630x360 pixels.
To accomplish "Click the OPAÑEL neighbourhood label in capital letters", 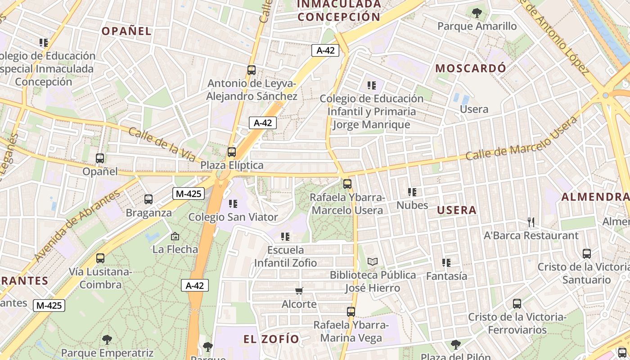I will tap(126, 31).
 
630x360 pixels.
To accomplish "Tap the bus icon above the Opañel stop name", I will tap(100, 158).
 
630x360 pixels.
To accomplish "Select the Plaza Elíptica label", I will tap(232, 165).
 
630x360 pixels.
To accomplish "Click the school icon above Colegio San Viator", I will tap(233, 204).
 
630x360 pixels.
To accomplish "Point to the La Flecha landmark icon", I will tap(175, 236).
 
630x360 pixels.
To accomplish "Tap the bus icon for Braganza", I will tap(148, 199).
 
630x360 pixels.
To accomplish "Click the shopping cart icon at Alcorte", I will tap(299, 291).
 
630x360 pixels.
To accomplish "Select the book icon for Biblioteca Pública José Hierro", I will tap(373, 261).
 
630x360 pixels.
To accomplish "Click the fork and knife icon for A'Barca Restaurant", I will tap(531, 222).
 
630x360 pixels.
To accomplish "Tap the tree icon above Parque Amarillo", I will tap(477, 13).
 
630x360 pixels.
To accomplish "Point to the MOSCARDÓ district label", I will tap(471, 68).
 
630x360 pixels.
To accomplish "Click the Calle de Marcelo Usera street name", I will tap(521, 139).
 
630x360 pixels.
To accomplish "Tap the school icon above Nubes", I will tap(412, 192).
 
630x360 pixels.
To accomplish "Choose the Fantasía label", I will tap(446, 276).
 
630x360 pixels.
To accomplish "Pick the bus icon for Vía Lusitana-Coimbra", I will tap(100, 258).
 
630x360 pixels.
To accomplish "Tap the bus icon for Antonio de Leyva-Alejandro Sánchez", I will tap(252, 70).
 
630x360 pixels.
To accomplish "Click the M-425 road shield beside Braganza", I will tap(189, 194).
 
